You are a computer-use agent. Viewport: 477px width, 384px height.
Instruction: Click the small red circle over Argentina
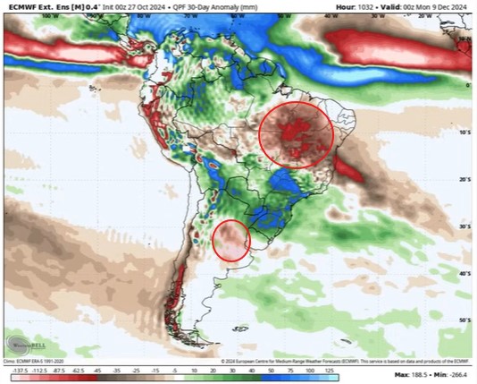[231, 241]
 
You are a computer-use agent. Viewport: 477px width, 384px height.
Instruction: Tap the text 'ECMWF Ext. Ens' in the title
[35, 7]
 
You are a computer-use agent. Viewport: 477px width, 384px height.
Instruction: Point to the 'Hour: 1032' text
[354, 7]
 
